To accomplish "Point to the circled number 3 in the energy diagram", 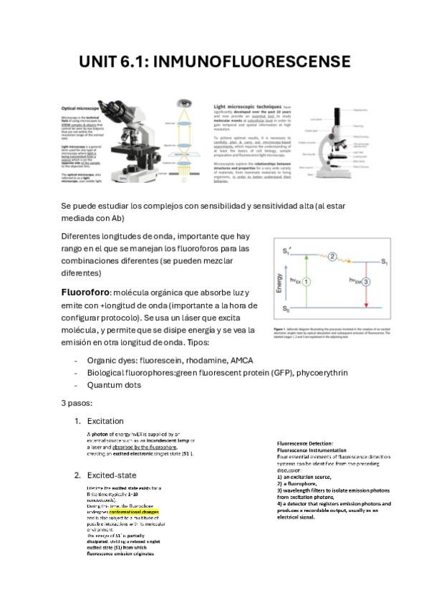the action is pos(367,282).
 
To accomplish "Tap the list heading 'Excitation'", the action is pos(105,421).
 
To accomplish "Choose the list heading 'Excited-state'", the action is pos(111,475).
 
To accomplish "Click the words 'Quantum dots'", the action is pos(114,385).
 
